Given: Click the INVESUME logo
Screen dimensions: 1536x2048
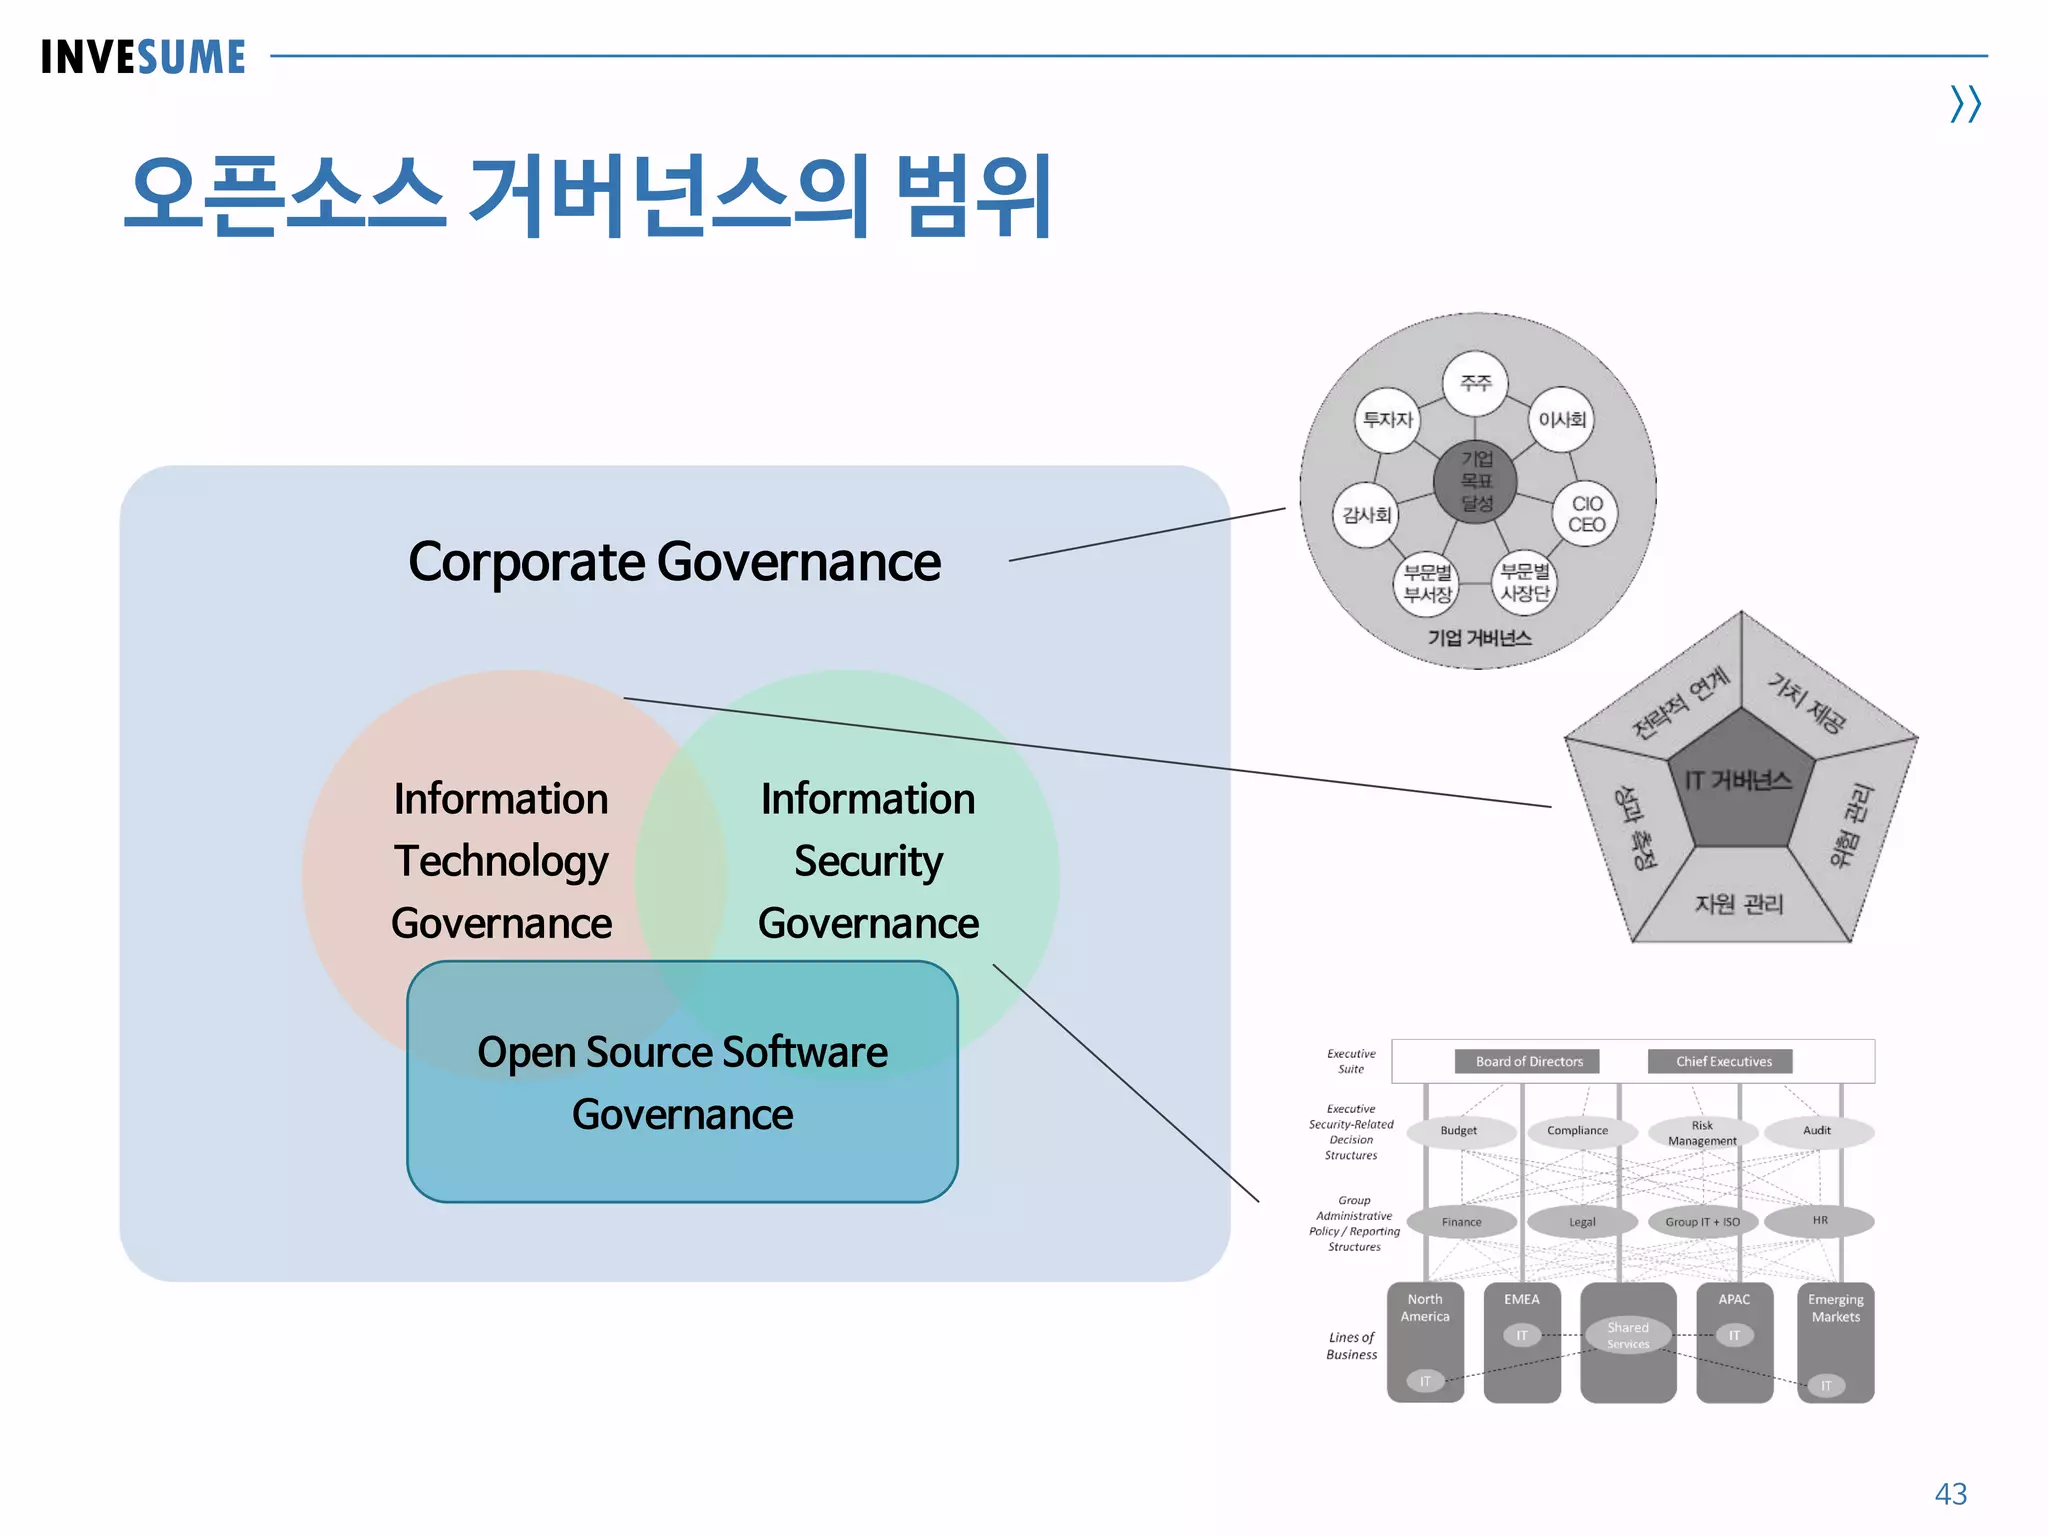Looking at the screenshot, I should (x=143, y=57).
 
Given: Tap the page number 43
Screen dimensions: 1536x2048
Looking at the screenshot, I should (x=1950, y=1493).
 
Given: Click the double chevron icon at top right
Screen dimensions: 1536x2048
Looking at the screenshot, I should (x=1965, y=104).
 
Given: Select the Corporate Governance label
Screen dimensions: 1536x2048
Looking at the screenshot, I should (x=674, y=562).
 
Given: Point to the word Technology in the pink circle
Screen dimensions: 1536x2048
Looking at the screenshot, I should (x=501, y=861).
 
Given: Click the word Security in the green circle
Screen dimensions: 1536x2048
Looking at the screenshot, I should (x=868, y=861).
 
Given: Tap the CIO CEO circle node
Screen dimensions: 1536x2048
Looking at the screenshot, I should (x=1586, y=514).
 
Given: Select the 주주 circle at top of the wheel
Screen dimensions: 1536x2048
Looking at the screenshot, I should (x=1475, y=383).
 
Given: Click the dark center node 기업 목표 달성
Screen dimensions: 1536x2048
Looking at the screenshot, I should (x=1476, y=481).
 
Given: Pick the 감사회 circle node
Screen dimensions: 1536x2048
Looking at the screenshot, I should (x=1366, y=515).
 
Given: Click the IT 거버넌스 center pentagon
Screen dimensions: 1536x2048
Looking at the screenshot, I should (x=1738, y=780).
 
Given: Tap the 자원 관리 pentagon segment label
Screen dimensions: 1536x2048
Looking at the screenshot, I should (x=1738, y=904).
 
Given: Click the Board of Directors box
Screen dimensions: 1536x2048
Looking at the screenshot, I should (x=1528, y=1061).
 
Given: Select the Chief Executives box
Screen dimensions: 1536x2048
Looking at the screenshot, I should (x=1723, y=1061).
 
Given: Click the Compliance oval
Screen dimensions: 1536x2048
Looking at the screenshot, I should (x=1577, y=1131).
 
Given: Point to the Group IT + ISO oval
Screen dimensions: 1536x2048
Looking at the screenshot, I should (x=1702, y=1222).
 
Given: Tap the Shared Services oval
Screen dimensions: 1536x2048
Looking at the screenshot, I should (x=1628, y=1335).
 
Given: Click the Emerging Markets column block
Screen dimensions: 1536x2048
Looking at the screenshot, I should (x=1835, y=1340).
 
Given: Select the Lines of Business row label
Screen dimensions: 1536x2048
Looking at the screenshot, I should (x=1351, y=1345).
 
